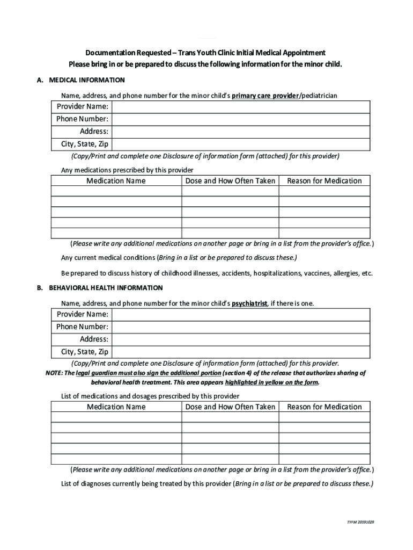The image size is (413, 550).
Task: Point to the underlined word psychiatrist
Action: click(249, 303)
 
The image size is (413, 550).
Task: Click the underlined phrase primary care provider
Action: click(265, 96)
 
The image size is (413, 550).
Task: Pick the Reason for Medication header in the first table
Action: click(324, 181)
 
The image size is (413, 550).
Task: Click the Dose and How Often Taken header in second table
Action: click(230, 407)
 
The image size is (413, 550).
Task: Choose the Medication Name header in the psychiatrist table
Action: click(116, 407)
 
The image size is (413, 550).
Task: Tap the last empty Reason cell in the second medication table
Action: click(324, 459)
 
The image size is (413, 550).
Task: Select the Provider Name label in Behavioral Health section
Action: click(82, 314)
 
